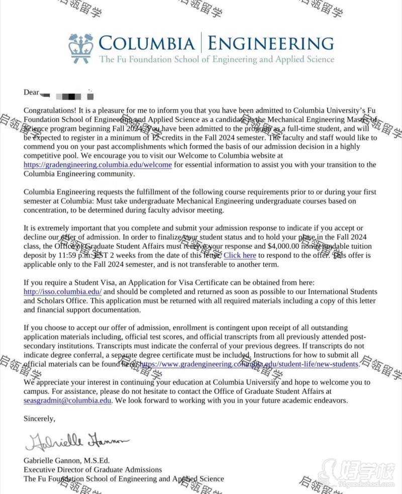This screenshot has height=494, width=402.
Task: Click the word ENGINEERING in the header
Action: click(271, 43)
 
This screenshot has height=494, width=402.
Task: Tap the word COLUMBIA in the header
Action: click(147, 43)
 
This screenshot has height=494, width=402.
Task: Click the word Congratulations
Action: click(50, 111)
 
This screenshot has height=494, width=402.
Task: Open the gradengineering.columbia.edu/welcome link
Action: click(98, 165)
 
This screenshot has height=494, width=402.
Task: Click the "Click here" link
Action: click(240, 256)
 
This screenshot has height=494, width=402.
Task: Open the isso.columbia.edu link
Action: click(63, 292)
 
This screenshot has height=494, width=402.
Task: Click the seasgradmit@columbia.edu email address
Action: click(67, 401)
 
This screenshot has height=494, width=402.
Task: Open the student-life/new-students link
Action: click(249, 364)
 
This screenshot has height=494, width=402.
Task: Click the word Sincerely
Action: click(39, 419)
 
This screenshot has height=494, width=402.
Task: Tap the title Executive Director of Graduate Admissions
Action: click(93, 470)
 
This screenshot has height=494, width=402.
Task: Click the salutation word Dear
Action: click(31, 93)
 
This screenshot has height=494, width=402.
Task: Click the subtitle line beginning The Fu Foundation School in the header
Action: click(216, 59)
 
